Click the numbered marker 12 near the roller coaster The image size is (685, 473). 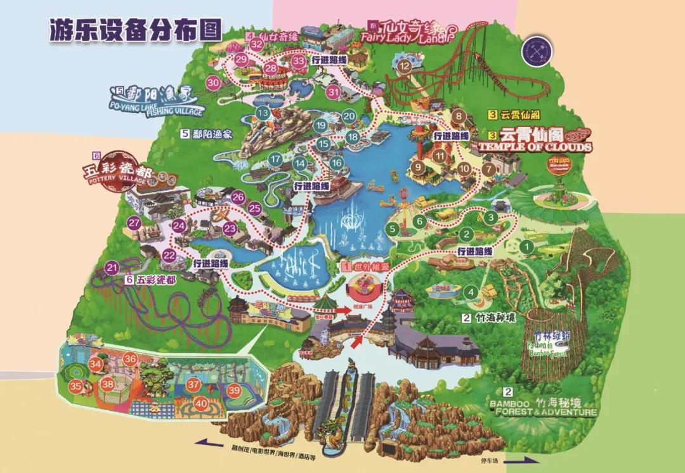pyautogui.click(x=403, y=65)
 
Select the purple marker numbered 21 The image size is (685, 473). pyautogui.click(x=112, y=268)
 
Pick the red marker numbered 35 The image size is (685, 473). pyautogui.click(x=75, y=386)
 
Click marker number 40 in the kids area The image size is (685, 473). pyautogui.click(x=201, y=403)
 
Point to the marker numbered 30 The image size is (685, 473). pyautogui.click(x=214, y=82)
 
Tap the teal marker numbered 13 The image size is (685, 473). pyautogui.click(x=263, y=112)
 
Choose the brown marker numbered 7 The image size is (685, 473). pyautogui.click(x=488, y=169)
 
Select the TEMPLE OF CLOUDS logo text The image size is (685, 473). pyautogui.click(x=536, y=141)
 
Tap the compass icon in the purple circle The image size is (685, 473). pyautogui.click(x=537, y=49)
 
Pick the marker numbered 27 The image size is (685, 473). pyautogui.click(x=134, y=223)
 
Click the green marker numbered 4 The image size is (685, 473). pyautogui.click(x=470, y=292)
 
